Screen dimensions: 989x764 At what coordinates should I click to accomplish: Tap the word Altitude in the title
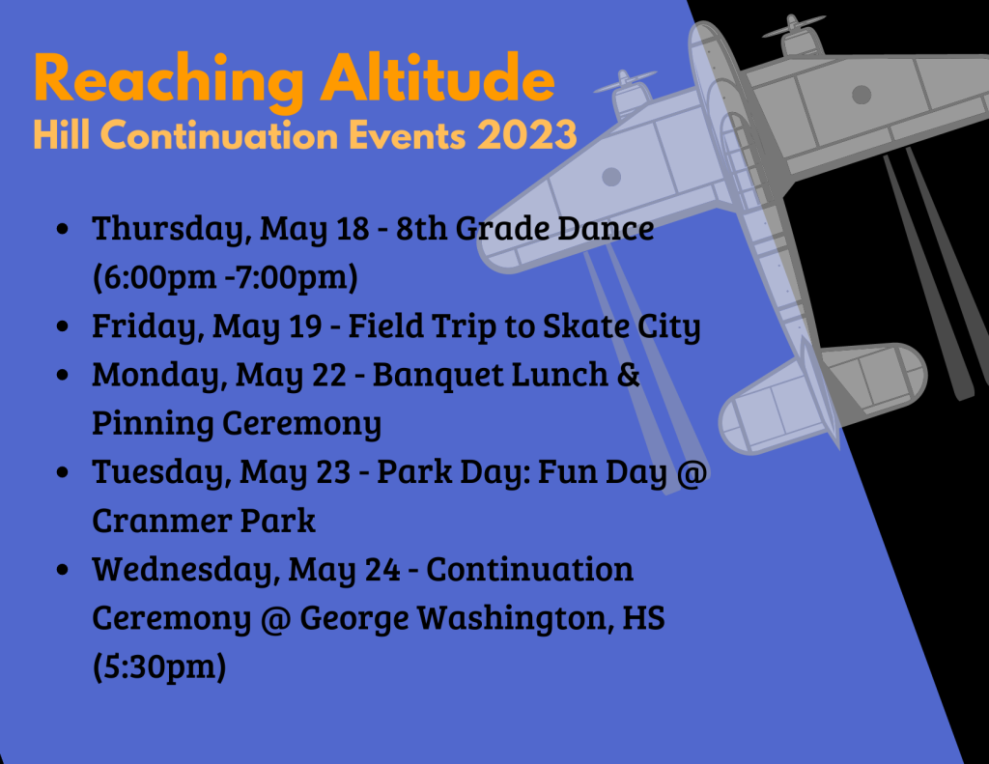tap(438, 78)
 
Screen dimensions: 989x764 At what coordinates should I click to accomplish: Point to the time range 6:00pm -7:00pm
tap(225, 277)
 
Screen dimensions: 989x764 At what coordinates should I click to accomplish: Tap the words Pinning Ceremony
tap(237, 424)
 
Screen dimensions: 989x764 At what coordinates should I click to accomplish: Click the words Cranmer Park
tap(204, 522)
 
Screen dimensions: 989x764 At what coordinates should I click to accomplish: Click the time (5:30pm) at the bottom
tap(159, 667)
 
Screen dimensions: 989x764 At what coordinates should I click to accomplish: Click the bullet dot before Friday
tap(62, 326)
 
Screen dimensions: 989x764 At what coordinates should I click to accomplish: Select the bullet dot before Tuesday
tap(62, 472)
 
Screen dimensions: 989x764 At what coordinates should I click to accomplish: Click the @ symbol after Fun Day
tap(692, 472)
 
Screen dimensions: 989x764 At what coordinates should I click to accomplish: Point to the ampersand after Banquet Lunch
tap(628, 375)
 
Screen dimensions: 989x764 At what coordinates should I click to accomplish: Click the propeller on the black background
tap(794, 25)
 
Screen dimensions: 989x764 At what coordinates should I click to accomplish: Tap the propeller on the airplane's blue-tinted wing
tap(625, 81)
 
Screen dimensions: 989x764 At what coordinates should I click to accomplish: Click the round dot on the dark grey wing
tap(862, 95)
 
